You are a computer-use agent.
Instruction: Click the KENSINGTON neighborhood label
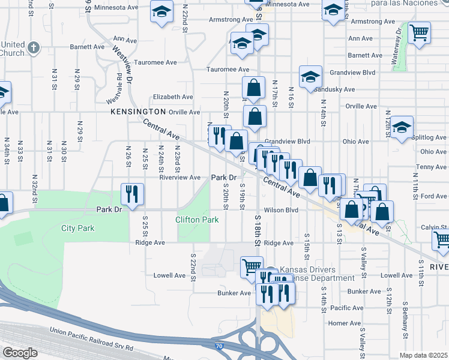tap(137, 112)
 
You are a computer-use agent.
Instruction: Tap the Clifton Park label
tap(196, 220)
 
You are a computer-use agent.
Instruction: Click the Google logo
tap(19, 353)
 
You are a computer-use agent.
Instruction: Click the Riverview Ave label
tap(179, 178)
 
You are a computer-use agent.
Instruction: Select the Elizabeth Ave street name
tap(173, 97)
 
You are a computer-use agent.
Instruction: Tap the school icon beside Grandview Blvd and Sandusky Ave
tap(310, 77)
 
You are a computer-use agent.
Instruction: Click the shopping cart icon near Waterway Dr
tap(419, 32)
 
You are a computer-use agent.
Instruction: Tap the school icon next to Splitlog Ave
tap(402, 128)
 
